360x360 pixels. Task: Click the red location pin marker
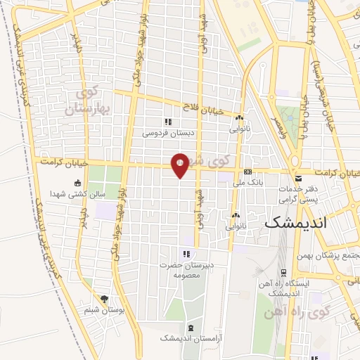[x=180, y=165]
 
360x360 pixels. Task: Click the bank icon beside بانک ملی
[x=247, y=172]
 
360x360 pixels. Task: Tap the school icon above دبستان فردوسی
[x=167, y=122]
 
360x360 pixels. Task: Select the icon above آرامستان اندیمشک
[x=191, y=328]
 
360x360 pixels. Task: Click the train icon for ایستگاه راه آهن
[x=283, y=272]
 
